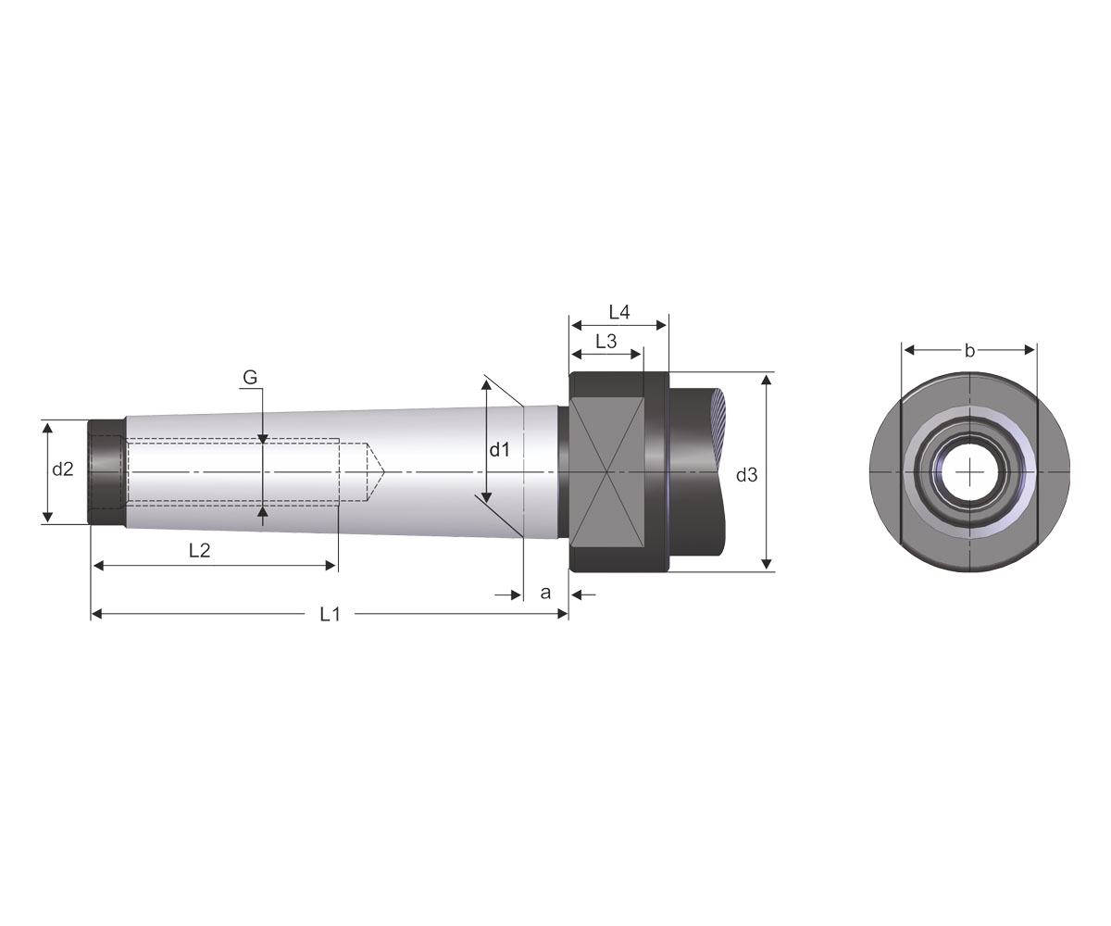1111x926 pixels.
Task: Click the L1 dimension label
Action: pos(330,615)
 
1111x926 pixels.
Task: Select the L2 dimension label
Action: pos(200,550)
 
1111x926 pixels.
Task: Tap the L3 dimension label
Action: pos(606,342)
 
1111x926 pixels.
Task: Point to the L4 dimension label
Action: pos(619,312)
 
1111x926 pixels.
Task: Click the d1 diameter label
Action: pos(499,450)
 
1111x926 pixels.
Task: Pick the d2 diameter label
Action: pos(63,469)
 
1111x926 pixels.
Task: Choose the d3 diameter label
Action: pos(746,475)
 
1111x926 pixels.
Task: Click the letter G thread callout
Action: pos(250,377)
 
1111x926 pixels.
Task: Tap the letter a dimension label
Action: pos(545,593)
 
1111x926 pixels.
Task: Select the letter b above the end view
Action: pos(969,351)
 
